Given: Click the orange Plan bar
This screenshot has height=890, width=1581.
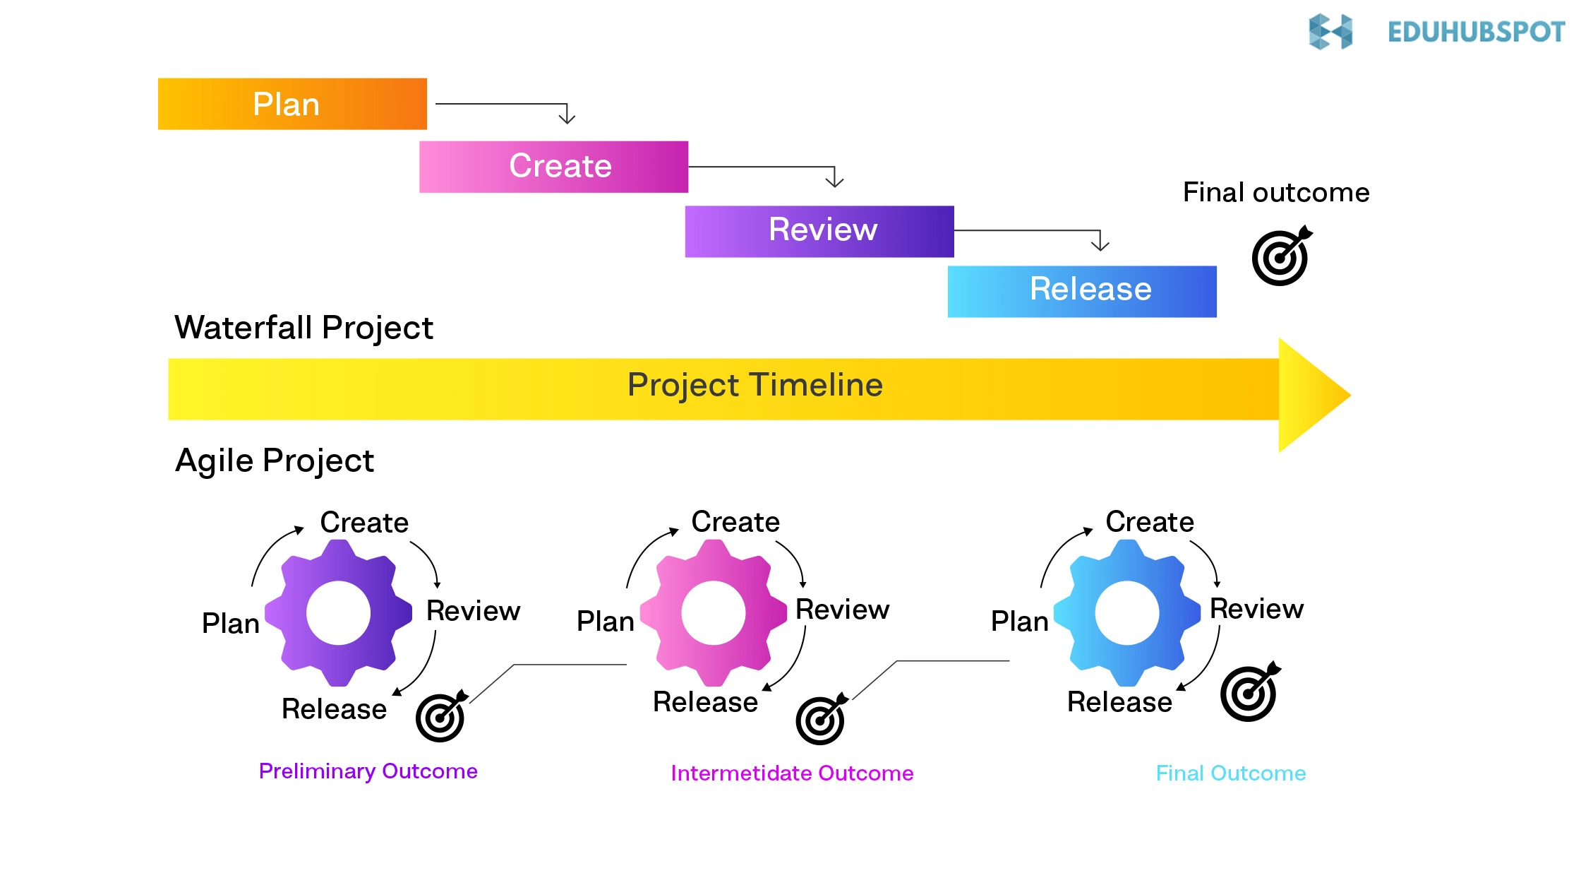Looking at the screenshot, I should (x=292, y=104).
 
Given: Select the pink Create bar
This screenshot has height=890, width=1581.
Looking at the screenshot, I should (x=553, y=167).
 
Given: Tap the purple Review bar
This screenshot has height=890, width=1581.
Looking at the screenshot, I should (x=819, y=231).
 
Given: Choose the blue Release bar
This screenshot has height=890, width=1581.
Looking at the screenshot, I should (x=1081, y=291).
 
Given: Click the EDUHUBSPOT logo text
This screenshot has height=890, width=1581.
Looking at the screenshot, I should (x=1475, y=32).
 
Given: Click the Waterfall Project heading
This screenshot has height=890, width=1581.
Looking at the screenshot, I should (x=303, y=328).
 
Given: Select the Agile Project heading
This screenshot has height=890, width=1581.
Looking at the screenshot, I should (x=274, y=461).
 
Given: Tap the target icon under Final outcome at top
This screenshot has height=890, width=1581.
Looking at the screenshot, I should (x=1281, y=257).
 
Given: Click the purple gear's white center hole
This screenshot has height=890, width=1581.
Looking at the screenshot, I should (x=338, y=613).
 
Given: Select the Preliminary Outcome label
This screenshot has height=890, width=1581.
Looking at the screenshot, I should (x=368, y=771).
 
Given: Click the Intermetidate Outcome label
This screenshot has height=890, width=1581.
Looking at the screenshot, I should (x=792, y=773).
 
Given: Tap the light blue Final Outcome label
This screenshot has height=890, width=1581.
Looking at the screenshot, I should (x=1230, y=773).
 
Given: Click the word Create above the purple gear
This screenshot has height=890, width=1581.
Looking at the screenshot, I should (x=364, y=523).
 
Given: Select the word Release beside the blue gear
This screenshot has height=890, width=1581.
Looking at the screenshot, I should (x=1119, y=702).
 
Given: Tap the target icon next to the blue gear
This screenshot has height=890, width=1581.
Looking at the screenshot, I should (x=1249, y=693).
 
